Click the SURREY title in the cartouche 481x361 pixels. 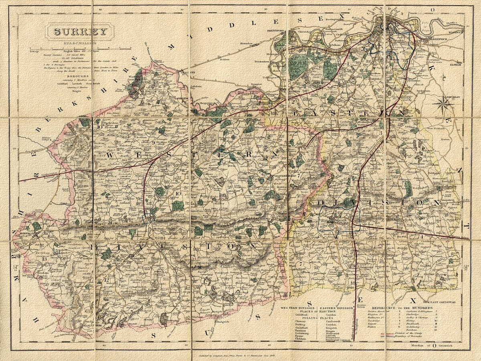click(x=79, y=32)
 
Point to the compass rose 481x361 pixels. click(x=443, y=105)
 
